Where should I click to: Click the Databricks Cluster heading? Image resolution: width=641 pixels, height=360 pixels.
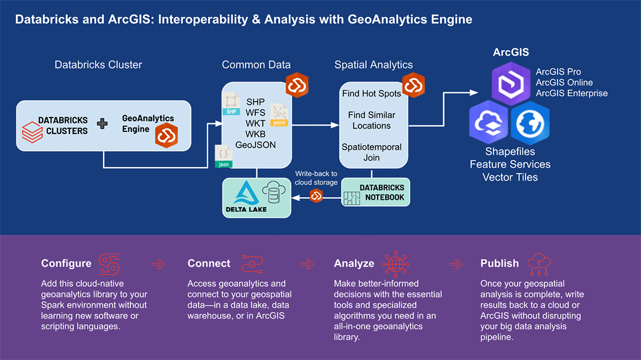[98, 65]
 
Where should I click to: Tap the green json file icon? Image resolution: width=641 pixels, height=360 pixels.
[224, 156]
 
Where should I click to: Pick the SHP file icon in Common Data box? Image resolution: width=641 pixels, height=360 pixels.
[231, 104]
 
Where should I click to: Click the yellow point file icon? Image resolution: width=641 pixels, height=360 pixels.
[279, 115]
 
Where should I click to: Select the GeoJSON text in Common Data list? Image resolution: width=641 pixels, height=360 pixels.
[255, 144]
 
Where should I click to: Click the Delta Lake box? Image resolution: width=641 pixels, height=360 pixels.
[257, 198]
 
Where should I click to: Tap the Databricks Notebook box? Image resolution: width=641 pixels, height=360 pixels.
[376, 192]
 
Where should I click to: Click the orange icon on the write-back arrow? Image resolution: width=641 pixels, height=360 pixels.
[316, 197]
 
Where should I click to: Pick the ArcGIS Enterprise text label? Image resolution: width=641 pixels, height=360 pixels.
[572, 93]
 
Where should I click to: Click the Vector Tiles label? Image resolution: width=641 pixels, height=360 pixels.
[510, 177]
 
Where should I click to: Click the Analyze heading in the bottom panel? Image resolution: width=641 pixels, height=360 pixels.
[354, 263]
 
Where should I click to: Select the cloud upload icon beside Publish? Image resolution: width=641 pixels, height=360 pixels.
[538, 263]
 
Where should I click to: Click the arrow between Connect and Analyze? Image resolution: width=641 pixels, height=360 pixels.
[307, 263]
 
